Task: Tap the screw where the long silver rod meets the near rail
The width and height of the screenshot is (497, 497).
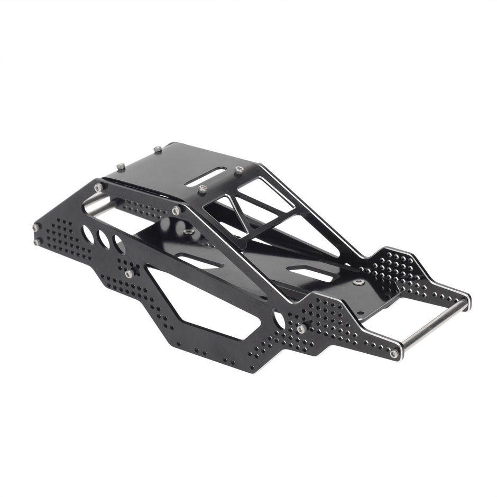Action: tap(394, 353)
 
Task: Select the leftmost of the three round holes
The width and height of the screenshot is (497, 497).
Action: tap(88, 234)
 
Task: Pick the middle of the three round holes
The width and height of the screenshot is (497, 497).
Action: tap(104, 240)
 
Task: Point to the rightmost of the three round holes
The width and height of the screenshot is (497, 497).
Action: tap(119, 245)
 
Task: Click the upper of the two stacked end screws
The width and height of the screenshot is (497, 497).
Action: tap(36, 228)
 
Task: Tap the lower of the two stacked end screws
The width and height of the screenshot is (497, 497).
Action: tap(36, 242)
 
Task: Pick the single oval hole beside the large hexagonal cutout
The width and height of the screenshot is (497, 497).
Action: tap(279, 319)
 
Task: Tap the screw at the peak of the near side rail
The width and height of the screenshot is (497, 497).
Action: tap(176, 210)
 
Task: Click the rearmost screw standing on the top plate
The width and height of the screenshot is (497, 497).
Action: tap(157, 150)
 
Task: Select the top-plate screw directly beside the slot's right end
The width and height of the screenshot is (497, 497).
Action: tap(238, 170)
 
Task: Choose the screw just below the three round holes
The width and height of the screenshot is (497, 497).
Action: tap(129, 274)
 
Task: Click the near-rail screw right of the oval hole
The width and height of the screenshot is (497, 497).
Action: tap(301, 329)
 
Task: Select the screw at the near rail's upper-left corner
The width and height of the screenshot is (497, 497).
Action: tap(98, 187)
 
